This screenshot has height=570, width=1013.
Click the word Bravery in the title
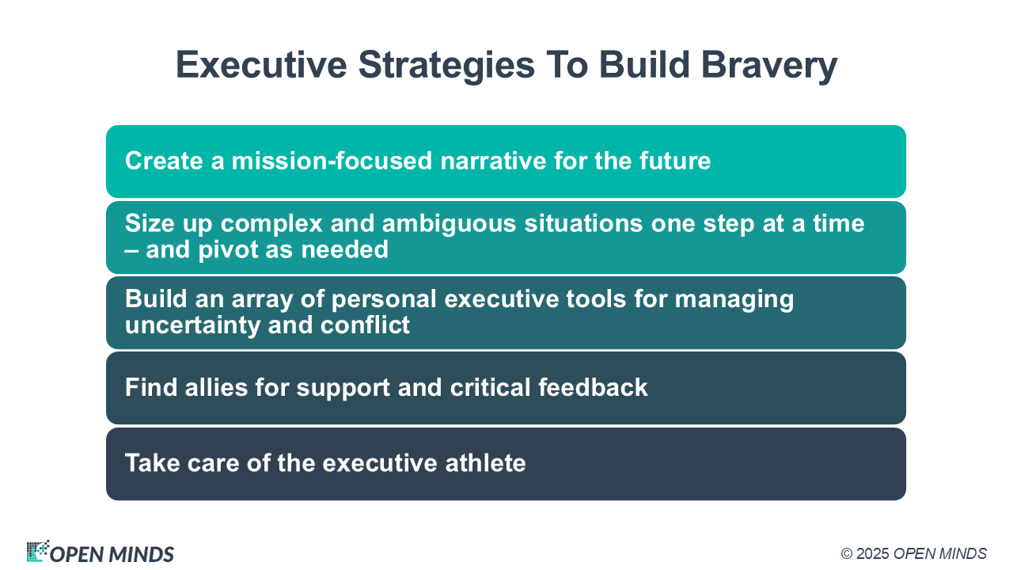click(769, 66)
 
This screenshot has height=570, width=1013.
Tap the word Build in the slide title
click(644, 64)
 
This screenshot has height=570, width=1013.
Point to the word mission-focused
click(332, 161)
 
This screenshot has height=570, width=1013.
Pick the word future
click(675, 161)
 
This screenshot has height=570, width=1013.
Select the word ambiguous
click(449, 224)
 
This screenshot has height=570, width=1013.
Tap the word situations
click(583, 223)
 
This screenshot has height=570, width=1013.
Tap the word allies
click(216, 387)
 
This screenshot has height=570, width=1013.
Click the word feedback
click(593, 387)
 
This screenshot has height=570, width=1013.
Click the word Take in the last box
click(153, 463)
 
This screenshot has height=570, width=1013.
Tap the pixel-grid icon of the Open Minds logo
click(38, 550)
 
